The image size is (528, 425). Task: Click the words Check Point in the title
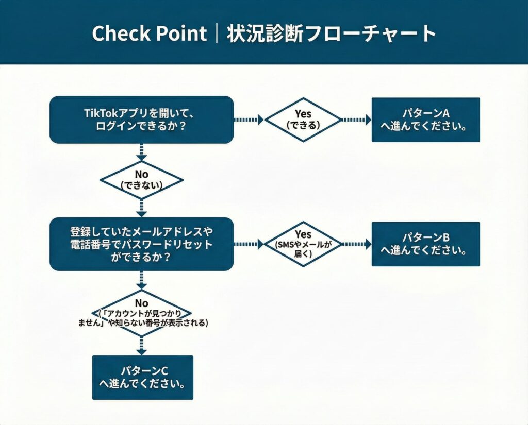pos(149,33)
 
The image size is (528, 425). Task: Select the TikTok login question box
pos(141,120)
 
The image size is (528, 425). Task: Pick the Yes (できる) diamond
pos(303,120)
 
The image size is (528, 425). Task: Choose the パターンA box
pos(425,120)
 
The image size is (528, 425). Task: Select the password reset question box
pos(141,244)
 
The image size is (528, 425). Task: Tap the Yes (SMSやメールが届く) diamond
pos(303,244)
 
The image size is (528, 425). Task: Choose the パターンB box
pos(425,244)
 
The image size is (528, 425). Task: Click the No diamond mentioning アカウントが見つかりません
pos(141,313)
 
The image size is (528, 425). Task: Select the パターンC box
pos(142,378)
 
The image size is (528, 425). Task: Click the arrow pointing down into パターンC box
pos(141,345)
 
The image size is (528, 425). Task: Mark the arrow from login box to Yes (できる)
pos(249,120)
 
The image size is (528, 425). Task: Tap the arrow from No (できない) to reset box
pos(141,207)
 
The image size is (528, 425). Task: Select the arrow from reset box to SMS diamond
pos(249,244)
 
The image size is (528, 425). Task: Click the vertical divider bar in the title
pos(217,33)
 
